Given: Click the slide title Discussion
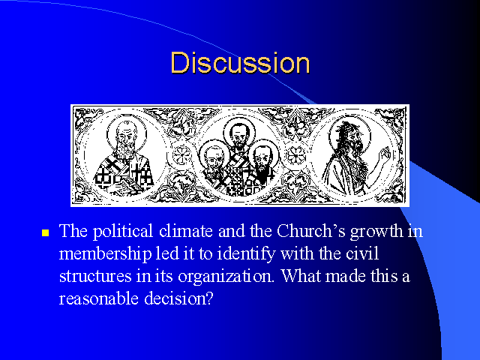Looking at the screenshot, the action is pyautogui.click(x=240, y=63).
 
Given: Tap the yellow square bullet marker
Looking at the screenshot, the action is pyautogui.click(x=45, y=233).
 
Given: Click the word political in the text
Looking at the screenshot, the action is pyautogui.click(x=123, y=232).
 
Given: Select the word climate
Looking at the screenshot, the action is pyautogui.click(x=186, y=231).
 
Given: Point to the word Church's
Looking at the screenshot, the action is pyautogui.click(x=311, y=231).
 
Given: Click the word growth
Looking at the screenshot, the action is pyautogui.click(x=376, y=232).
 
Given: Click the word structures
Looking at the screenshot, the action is pyautogui.click(x=95, y=277).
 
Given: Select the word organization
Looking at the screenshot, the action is pyautogui.click(x=226, y=277).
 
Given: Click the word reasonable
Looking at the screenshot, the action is pyautogui.click(x=98, y=298).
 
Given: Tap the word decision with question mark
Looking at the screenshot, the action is pyautogui.click(x=178, y=298).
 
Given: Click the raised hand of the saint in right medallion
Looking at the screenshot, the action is pyautogui.click(x=385, y=155).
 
